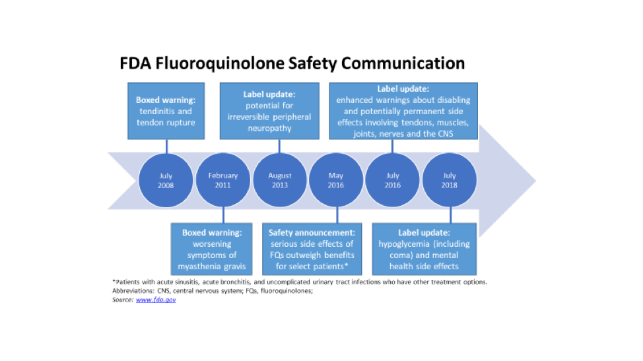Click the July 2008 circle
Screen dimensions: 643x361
click(x=166, y=181)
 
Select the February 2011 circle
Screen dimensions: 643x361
click(x=223, y=181)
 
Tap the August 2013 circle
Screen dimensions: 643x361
click(x=280, y=181)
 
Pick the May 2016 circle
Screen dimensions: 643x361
click(x=336, y=181)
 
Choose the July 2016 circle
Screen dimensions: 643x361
click(x=393, y=181)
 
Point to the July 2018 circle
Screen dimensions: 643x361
click(x=450, y=181)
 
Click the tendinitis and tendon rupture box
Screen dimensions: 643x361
click(x=166, y=111)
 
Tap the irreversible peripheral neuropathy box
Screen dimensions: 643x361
click(x=269, y=111)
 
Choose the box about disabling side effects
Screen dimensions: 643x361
click(x=403, y=111)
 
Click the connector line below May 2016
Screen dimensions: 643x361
click(x=337, y=214)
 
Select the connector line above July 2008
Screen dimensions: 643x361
click(x=166, y=147)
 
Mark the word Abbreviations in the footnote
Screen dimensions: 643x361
click(x=131, y=291)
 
